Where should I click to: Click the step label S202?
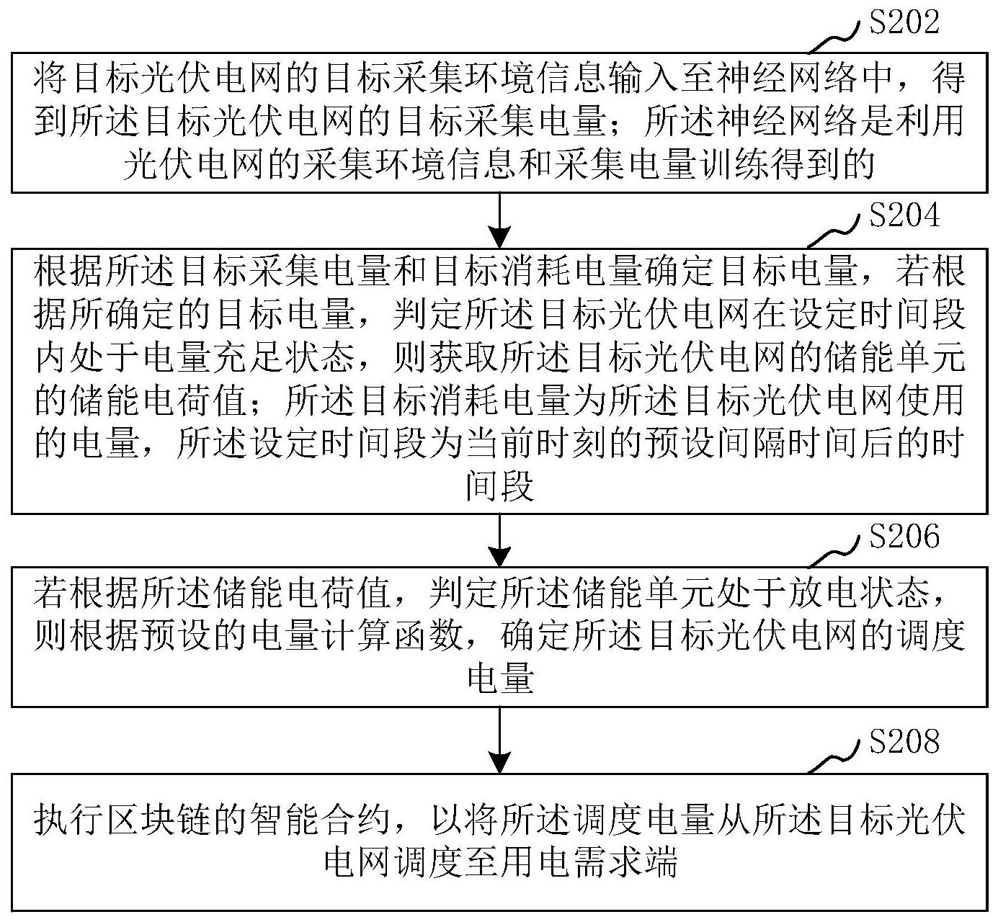tap(904, 23)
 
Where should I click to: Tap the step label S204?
tap(904, 216)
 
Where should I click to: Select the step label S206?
tap(904, 536)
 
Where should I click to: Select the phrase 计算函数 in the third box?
tap(392, 635)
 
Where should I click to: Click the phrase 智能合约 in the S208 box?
tap(320, 820)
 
